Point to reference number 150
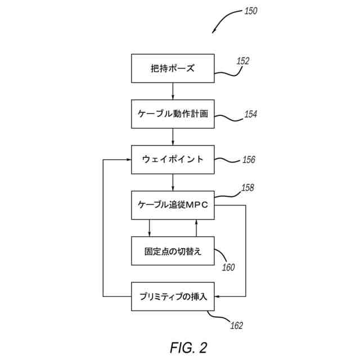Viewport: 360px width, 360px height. pos(250,11)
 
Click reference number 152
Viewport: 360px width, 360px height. pos(243,61)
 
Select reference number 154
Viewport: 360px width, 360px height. pos(250,114)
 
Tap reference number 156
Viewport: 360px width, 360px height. pos(249,160)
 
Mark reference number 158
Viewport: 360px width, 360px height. pos(247,188)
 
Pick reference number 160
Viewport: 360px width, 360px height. pos(228,267)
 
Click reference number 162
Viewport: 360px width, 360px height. pos(236,326)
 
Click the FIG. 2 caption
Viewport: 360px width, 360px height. pos(188,348)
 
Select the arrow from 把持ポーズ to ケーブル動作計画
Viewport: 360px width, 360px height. pos(173,91)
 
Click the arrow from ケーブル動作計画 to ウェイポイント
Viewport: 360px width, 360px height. pos(173,137)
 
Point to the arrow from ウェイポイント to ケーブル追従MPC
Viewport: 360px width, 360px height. pos(173,182)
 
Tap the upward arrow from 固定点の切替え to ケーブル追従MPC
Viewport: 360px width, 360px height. pos(196,228)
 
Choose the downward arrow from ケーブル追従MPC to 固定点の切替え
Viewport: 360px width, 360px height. pos(150,228)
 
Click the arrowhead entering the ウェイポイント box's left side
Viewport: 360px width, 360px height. pos(129,160)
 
